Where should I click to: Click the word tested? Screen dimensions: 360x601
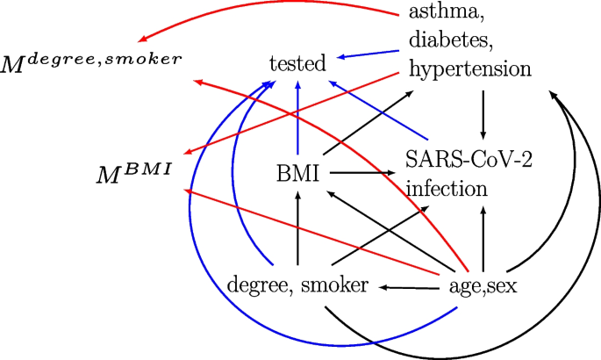pos(298,63)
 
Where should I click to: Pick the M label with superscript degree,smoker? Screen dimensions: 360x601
pos(92,60)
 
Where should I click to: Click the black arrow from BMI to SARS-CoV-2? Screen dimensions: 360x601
pos(360,174)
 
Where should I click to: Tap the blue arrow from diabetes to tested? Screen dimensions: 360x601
pos(368,54)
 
